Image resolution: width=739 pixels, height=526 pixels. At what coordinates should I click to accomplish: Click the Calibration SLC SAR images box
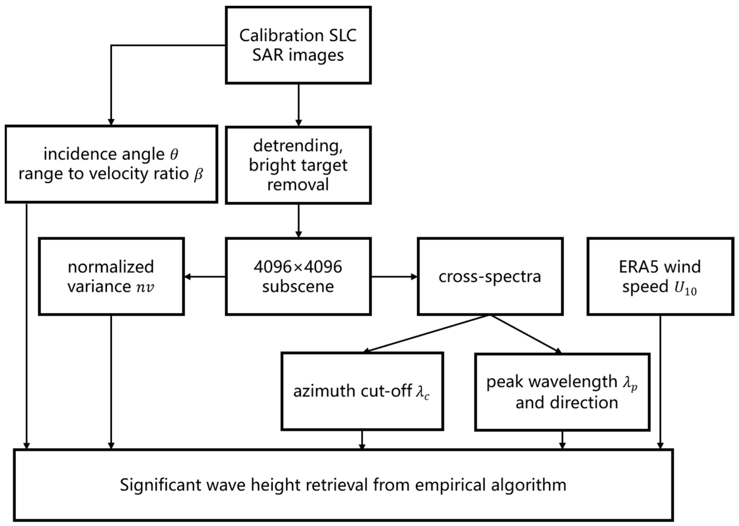(x=298, y=45)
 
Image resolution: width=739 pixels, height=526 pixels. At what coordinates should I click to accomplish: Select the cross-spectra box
(x=490, y=276)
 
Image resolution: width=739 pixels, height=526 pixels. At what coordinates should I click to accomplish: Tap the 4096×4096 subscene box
(x=298, y=276)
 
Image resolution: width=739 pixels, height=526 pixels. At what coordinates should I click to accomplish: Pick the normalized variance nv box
(x=111, y=276)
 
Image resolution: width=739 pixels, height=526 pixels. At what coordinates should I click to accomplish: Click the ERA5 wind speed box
(x=660, y=276)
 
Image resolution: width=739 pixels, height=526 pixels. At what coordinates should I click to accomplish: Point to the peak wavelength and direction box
(x=562, y=392)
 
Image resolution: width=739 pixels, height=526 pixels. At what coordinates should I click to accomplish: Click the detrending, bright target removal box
(x=298, y=165)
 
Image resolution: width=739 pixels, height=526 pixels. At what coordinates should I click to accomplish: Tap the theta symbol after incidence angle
(x=174, y=154)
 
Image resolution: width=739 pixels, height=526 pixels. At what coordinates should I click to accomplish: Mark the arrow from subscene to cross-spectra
(x=394, y=277)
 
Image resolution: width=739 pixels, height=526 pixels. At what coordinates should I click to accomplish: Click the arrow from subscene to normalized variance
(x=205, y=277)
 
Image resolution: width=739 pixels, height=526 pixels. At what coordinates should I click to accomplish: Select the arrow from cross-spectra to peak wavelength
(x=525, y=334)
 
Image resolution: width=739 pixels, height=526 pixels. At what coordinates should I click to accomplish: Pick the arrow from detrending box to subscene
(x=298, y=220)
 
